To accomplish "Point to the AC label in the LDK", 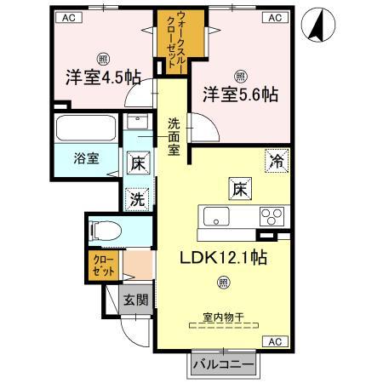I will (274, 340).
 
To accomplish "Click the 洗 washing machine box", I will (137, 199).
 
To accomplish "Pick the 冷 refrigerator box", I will (277, 159).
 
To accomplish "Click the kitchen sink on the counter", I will (212, 215).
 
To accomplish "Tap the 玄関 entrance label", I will (134, 300).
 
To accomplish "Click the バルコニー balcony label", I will (221, 364).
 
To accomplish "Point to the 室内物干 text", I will (223, 317).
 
